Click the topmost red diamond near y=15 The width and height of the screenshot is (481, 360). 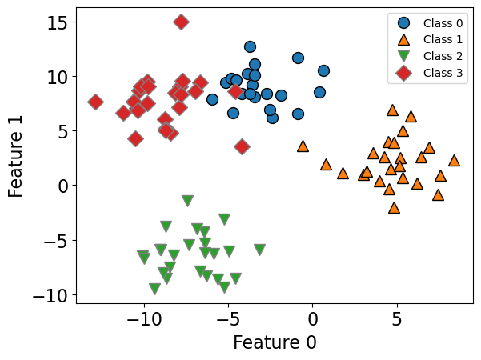coord(182,22)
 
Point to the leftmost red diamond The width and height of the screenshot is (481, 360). coord(95,102)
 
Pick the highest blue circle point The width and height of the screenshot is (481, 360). coord(250,47)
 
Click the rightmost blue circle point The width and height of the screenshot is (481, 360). coord(323,71)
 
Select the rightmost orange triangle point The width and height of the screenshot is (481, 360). coord(454,160)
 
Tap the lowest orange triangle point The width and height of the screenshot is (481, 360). coord(394,207)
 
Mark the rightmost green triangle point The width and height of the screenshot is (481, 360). coord(259,250)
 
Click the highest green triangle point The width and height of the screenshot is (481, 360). coord(187,201)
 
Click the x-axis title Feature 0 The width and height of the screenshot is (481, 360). coord(275,342)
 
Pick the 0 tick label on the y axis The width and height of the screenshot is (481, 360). coord(61,186)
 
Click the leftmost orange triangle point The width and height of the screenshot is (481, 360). coord(303,146)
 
